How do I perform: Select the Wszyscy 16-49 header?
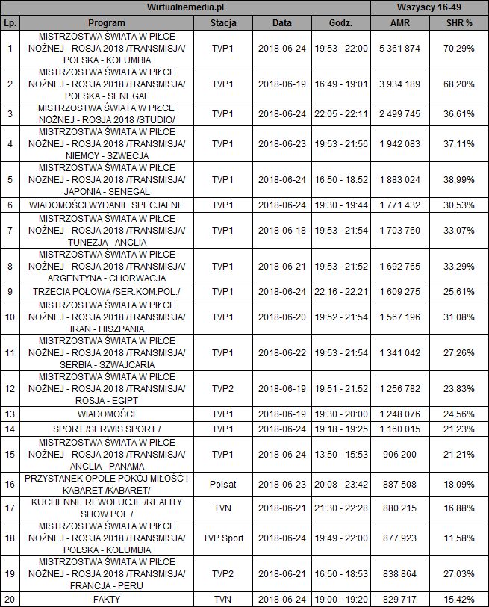(429, 7)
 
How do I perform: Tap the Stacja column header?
(223, 22)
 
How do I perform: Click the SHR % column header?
(458, 22)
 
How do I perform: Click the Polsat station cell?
(223, 484)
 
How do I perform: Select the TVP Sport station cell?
(223, 538)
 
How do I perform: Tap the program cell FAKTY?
(106, 600)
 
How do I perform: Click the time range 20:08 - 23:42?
(341, 484)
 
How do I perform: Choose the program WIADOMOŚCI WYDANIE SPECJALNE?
(106, 205)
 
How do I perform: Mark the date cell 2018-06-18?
(281, 231)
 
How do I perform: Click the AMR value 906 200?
(400, 454)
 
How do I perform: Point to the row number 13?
(10, 414)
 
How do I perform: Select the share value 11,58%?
(458, 538)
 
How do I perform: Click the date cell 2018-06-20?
(281, 317)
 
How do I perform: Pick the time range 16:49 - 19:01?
(341, 84)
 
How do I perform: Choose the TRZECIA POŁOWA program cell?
(106, 291)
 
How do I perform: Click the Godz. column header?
(341, 22)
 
